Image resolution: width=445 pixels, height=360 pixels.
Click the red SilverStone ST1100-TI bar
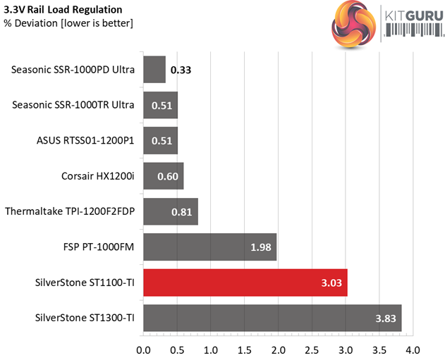pyautogui.click(x=245, y=283)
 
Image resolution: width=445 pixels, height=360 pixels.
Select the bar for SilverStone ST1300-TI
pyautogui.click(x=272, y=318)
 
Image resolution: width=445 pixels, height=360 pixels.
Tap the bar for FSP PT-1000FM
pyautogui.click(x=209, y=247)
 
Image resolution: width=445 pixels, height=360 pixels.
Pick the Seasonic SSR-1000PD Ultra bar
pyautogui.click(x=154, y=70)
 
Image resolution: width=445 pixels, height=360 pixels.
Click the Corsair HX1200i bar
pyautogui.click(x=163, y=176)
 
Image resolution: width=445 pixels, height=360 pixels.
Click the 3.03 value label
pyautogui.click(x=331, y=283)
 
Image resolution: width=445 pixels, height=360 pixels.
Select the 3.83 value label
pyautogui.click(x=386, y=318)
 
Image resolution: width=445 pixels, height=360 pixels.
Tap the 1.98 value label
pyautogui.click(x=261, y=247)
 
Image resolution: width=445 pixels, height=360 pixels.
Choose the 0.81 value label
pyautogui.click(x=183, y=211)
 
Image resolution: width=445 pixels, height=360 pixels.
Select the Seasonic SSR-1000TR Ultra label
pyautogui.click(x=73, y=106)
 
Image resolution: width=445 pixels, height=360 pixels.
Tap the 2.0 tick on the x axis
pyautogui.click(x=278, y=349)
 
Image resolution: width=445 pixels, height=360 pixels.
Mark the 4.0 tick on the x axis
pyautogui.click(x=413, y=349)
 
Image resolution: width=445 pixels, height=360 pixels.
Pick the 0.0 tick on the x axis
pyautogui.click(x=144, y=349)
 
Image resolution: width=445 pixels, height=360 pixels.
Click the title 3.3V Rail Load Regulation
pyautogui.click(x=62, y=10)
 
